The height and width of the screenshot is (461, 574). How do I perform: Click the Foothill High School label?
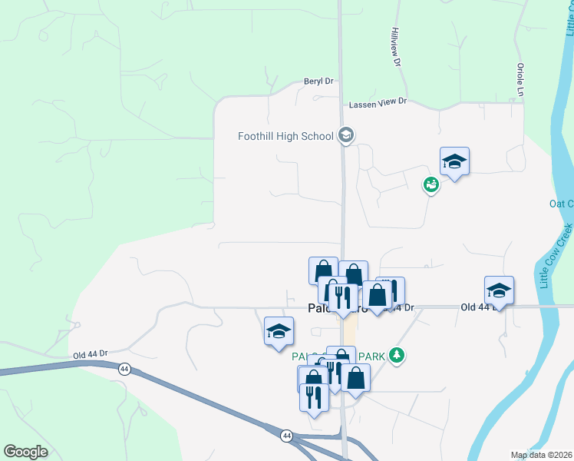tap(285, 137)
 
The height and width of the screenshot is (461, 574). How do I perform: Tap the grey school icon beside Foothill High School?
tap(345, 136)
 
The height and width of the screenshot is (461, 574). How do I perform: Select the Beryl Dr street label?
tap(318, 81)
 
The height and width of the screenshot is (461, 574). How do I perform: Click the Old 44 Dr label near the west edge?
tap(90, 354)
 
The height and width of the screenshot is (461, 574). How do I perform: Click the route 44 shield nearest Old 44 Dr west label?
tap(124, 369)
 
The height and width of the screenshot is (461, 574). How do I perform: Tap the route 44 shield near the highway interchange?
tap(285, 435)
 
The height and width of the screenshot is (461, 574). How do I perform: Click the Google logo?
tap(25, 452)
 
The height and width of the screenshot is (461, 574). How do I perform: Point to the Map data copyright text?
tap(541, 455)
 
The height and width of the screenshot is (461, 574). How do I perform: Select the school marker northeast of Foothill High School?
tap(454, 161)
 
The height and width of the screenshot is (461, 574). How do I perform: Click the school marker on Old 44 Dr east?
tap(499, 290)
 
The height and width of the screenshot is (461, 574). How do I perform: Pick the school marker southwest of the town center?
tap(279, 331)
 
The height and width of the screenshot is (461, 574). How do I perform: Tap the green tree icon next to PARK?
tap(396, 355)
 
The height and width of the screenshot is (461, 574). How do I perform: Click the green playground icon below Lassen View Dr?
tap(430, 184)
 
